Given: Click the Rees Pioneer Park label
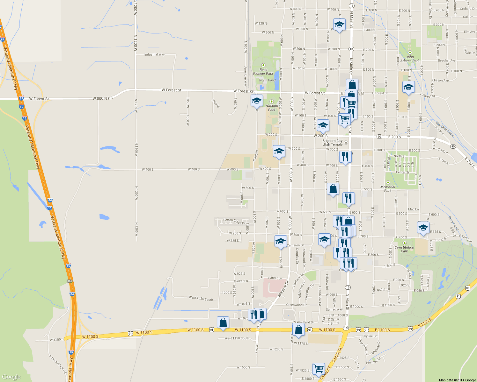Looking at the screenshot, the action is point(263,72).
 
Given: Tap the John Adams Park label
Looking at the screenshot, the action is point(410,59).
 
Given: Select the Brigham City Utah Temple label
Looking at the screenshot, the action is point(332,143).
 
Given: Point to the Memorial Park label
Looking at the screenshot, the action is point(388,189).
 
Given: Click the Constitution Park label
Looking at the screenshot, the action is point(404,249).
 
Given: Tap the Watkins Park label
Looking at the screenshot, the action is point(271,108).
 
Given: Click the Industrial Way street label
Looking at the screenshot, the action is point(154,54).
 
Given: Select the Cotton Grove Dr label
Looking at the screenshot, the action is point(234,221).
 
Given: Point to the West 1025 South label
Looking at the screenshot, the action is point(201,298).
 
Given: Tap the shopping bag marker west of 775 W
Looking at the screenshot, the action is point(223,322).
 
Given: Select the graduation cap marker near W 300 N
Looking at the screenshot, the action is point(339,25).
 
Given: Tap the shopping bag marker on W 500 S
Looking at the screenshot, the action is point(333,189).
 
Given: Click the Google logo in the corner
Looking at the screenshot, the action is point(11,377).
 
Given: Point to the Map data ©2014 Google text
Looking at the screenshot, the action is point(457,380).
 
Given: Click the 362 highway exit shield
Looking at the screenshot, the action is point(70,281).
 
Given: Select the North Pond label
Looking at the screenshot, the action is point(267,80).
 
